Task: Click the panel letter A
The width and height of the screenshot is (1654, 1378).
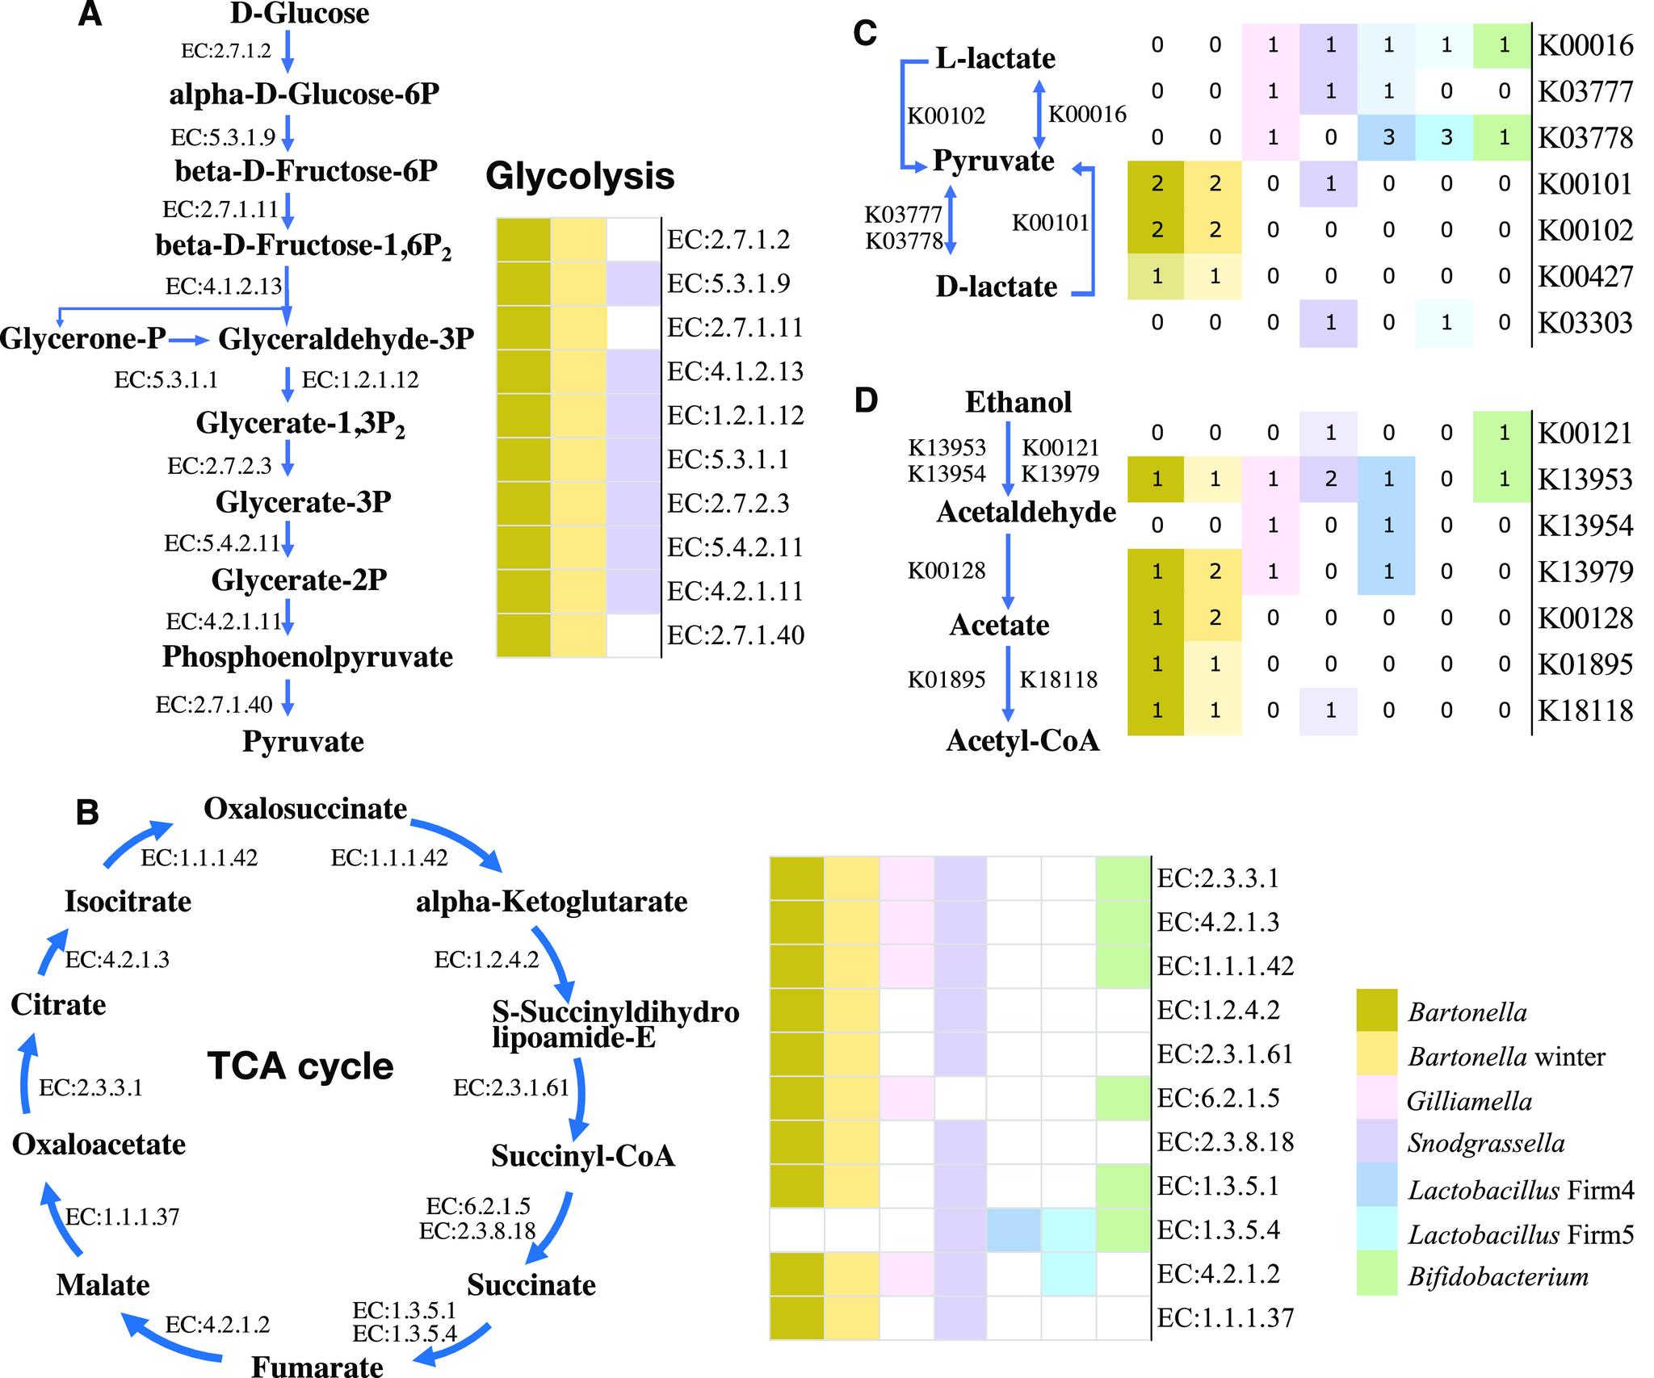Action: [90, 15]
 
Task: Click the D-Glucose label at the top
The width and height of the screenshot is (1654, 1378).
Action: [300, 14]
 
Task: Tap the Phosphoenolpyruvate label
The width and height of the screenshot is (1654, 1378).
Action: [308, 657]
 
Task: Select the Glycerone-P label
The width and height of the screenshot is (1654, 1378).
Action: [82, 338]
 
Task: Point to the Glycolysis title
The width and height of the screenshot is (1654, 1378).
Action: [580, 176]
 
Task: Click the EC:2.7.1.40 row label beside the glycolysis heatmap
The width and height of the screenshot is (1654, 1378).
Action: [736, 635]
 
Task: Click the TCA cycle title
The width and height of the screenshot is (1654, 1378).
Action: [300, 1066]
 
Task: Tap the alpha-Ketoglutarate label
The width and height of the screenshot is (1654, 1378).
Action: [552, 901]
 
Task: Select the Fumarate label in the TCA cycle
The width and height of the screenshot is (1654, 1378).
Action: [317, 1366]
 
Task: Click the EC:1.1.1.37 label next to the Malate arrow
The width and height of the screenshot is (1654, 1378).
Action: [122, 1216]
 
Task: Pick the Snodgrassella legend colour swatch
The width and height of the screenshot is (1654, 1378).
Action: [1377, 1142]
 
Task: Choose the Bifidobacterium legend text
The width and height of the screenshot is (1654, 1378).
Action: [1498, 1276]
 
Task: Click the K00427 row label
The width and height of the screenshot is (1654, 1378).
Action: [1585, 276]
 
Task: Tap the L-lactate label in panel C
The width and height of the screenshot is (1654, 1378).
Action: [995, 58]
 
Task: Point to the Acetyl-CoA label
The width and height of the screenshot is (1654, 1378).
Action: [1022, 740]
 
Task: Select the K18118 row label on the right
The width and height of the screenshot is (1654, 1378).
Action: [1585, 710]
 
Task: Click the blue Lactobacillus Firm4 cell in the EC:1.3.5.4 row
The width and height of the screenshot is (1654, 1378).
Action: [1014, 1230]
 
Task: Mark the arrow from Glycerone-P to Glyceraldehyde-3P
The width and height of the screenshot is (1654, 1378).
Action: [189, 341]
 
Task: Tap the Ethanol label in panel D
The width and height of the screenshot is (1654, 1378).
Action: [1018, 402]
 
